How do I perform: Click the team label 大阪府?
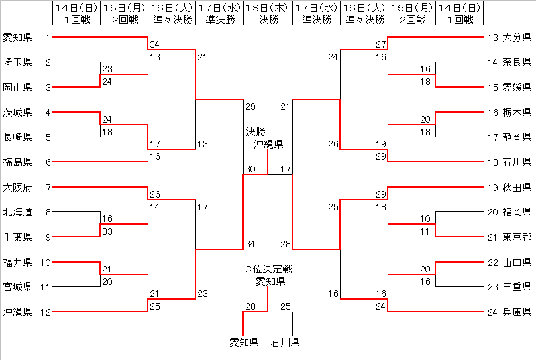pyautogui.click(x=17, y=187)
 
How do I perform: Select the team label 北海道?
pyautogui.click(x=17, y=212)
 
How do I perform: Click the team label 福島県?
pyautogui.click(x=17, y=162)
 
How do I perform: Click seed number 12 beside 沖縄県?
pyautogui.click(x=45, y=312)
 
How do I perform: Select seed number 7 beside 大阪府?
pyautogui.click(x=48, y=187)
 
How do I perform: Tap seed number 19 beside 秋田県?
pyautogui.click(x=492, y=187)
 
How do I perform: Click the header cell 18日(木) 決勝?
pyautogui.click(x=268, y=13)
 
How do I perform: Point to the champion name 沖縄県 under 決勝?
pyautogui.click(x=268, y=144)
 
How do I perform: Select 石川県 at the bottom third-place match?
pyautogui.click(x=285, y=343)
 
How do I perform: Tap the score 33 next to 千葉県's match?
pyautogui.click(x=107, y=231)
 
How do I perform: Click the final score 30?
pyautogui.click(x=250, y=169)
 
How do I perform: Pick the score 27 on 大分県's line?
pyautogui.click(x=380, y=44)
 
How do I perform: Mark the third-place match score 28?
pyautogui.click(x=250, y=306)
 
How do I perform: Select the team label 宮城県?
pyautogui.click(x=17, y=286)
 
